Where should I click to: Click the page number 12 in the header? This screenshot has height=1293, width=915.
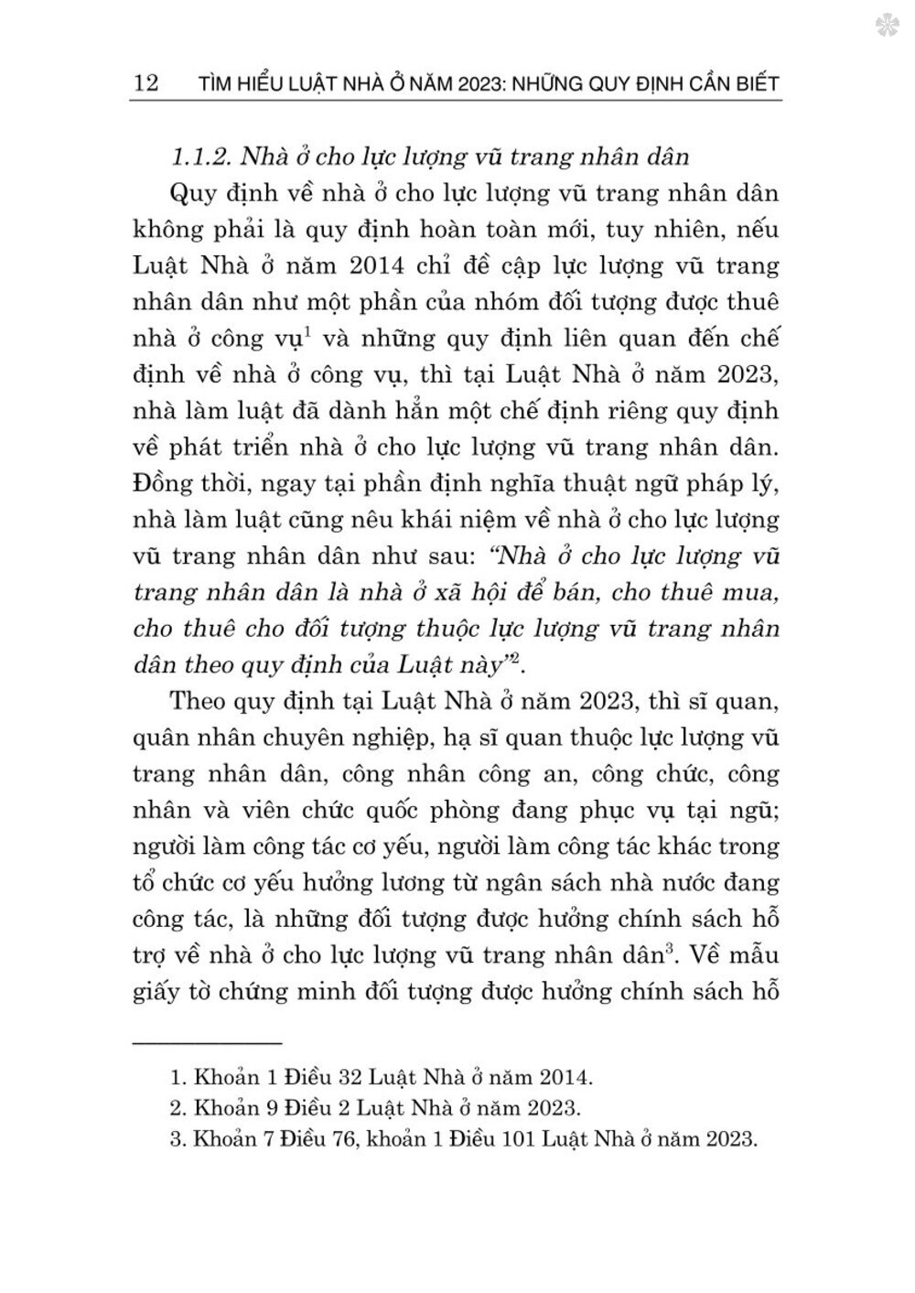146,84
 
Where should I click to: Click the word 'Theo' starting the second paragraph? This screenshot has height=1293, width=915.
198,702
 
